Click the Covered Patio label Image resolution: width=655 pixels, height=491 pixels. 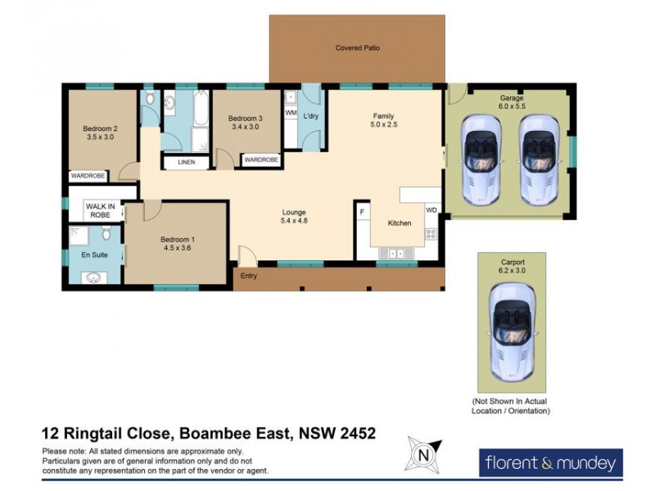pyautogui.click(x=358, y=48)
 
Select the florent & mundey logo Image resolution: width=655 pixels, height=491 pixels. pyautogui.click(x=550, y=463)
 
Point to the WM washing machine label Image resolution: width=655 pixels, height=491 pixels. pyautogui.click(x=291, y=113)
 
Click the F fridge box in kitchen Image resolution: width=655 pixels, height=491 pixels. pyautogui.click(x=361, y=212)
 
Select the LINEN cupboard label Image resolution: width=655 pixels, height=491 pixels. pyautogui.click(x=187, y=162)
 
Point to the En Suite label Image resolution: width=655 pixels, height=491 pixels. pyautogui.click(x=94, y=255)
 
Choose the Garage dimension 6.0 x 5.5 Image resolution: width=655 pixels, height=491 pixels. pyautogui.click(x=512, y=107)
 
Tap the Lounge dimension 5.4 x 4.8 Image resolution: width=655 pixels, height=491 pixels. pyautogui.click(x=294, y=221)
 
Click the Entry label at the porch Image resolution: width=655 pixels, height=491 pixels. pyautogui.click(x=249, y=276)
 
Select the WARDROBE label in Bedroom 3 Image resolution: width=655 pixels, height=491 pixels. pyautogui.click(x=261, y=160)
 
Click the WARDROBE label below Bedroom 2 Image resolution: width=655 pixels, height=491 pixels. pyautogui.click(x=88, y=175)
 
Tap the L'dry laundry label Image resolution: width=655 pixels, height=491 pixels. pyautogui.click(x=310, y=116)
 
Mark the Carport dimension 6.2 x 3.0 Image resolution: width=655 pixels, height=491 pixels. pyautogui.click(x=512, y=271)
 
